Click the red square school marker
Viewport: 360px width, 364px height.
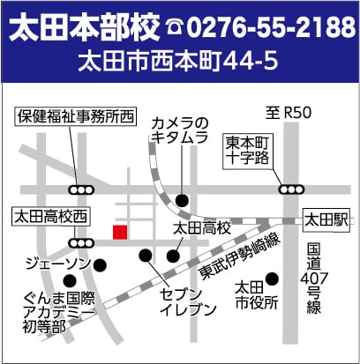[x=120, y=232]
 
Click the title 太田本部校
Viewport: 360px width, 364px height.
[x=83, y=29]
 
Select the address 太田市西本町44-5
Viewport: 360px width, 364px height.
[x=179, y=63]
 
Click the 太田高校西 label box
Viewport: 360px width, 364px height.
[x=50, y=215]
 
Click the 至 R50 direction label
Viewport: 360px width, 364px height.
[x=288, y=112]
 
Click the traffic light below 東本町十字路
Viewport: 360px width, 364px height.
[x=290, y=189]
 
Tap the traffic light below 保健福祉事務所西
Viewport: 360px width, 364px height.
[x=82, y=189]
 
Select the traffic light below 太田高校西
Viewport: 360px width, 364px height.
[x=82, y=241]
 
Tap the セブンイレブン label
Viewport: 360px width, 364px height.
[x=187, y=300]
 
